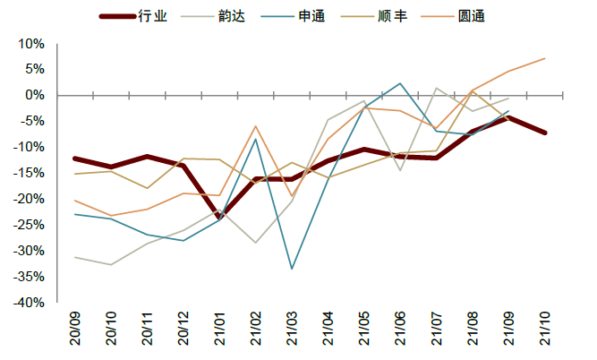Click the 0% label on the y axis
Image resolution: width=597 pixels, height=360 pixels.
[35, 94]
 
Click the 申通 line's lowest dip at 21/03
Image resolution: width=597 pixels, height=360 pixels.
[292, 269]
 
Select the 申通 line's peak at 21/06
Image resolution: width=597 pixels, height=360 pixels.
[400, 83]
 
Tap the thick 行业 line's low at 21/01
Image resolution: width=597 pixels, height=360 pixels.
[219, 216]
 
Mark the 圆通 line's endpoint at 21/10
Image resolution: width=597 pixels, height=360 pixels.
[545, 58]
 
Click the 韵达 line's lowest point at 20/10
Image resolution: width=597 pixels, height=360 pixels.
[111, 264]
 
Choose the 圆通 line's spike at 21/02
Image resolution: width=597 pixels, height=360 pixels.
[256, 126]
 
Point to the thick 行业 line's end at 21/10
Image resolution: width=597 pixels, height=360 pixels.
[545, 133]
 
